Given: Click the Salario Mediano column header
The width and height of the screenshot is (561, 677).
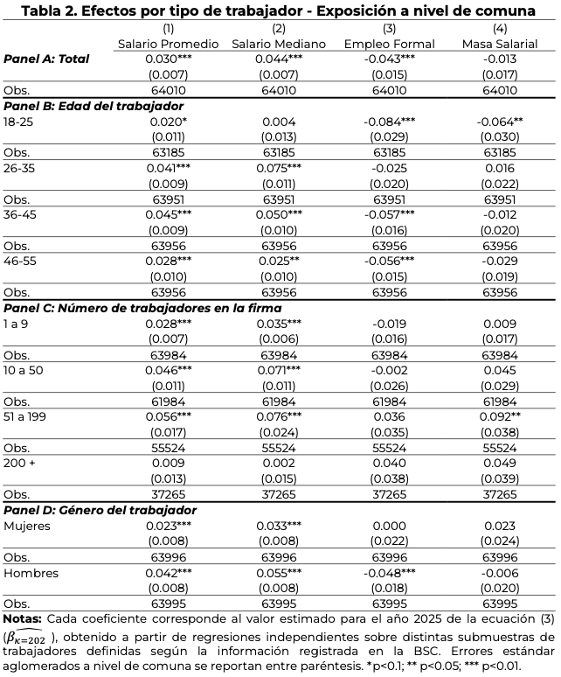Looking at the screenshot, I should click(x=279, y=44).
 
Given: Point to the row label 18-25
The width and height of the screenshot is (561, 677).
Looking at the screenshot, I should click(x=17, y=122).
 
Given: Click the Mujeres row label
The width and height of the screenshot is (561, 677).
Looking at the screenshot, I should click(x=27, y=526).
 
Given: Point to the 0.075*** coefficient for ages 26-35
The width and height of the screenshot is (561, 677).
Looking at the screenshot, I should click(x=279, y=167).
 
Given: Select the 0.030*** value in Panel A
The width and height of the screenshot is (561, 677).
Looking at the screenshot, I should click(x=167, y=59).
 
